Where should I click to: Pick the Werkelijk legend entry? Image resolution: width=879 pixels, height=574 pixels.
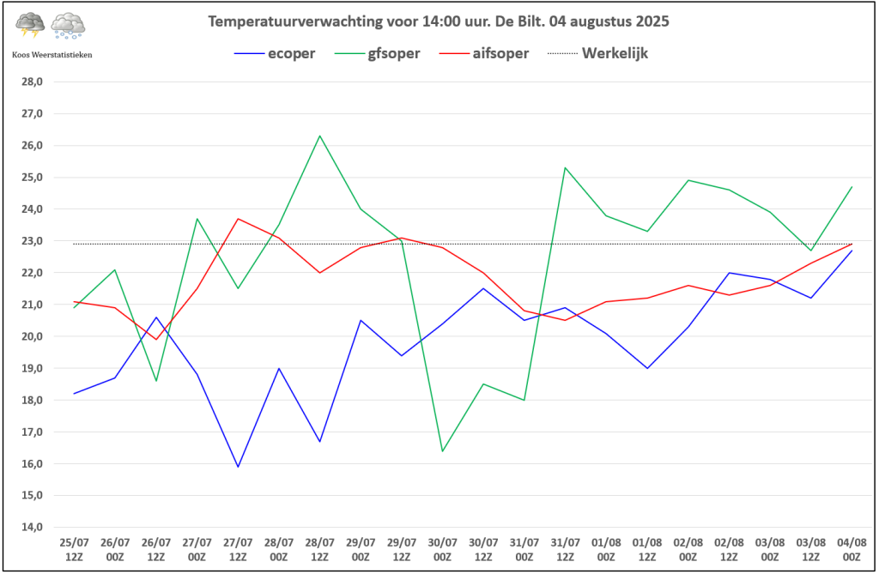tap(615, 53)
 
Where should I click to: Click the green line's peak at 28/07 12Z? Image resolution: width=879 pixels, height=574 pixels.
tap(319, 136)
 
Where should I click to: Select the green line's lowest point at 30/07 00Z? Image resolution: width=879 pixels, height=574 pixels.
tap(442, 451)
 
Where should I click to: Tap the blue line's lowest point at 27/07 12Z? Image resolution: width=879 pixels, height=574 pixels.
tap(238, 467)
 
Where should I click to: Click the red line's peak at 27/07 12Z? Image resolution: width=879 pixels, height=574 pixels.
tap(238, 219)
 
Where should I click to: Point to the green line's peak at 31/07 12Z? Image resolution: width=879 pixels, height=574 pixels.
tap(565, 167)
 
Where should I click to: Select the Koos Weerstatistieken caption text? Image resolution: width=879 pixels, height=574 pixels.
tap(52, 55)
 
